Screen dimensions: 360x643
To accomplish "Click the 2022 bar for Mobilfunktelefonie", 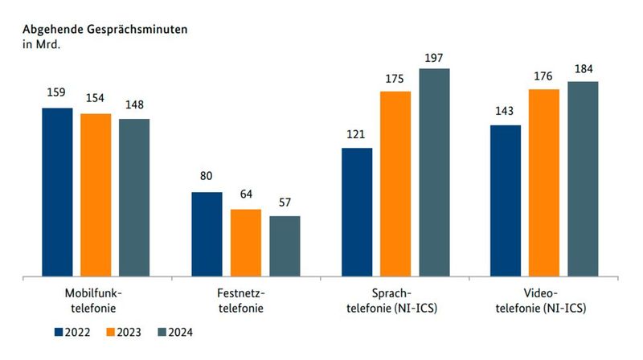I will click(x=57, y=192).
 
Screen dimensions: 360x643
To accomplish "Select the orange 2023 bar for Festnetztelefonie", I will click(x=246, y=243).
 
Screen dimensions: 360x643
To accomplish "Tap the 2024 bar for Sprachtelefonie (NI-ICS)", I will click(x=434, y=173).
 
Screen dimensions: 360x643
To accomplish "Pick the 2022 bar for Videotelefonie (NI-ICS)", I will click(x=506, y=201).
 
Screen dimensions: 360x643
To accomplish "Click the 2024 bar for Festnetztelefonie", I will click(x=285, y=246).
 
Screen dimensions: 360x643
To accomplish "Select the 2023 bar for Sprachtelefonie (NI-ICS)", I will click(x=395, y=184).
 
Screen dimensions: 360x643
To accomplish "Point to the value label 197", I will click(x=434, y=58).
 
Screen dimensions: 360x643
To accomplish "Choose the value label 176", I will click(x=544, y=78).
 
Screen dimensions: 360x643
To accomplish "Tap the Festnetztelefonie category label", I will click(x=246, y=301).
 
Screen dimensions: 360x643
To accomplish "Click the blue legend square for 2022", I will click(x=59, y=332).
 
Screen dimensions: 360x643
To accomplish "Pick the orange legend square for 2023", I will click(x=112, y=332).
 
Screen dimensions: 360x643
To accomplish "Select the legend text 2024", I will click(x=181, y=332).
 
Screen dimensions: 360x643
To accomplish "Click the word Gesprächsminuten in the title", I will click(x=137, y=29).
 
